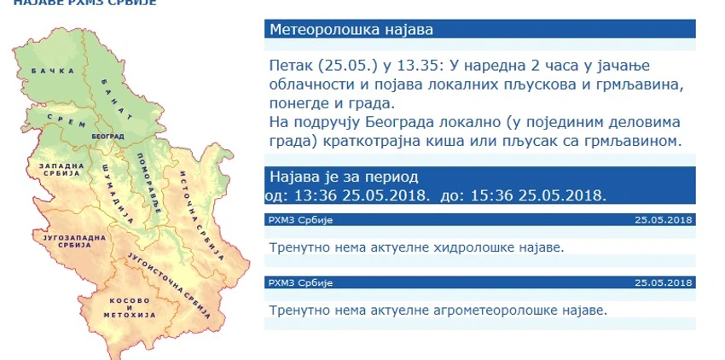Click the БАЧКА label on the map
point(53,71)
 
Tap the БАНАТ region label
point(117,99)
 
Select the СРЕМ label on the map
point(67,121)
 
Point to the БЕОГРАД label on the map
point(107,136)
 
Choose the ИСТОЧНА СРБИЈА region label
point(195,214)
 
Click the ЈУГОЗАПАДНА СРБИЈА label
point(74,241)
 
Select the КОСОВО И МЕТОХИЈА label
point(130,308)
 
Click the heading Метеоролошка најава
point(352,30)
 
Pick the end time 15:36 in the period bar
point(492,195)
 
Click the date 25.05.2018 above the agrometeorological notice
point(663,282)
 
